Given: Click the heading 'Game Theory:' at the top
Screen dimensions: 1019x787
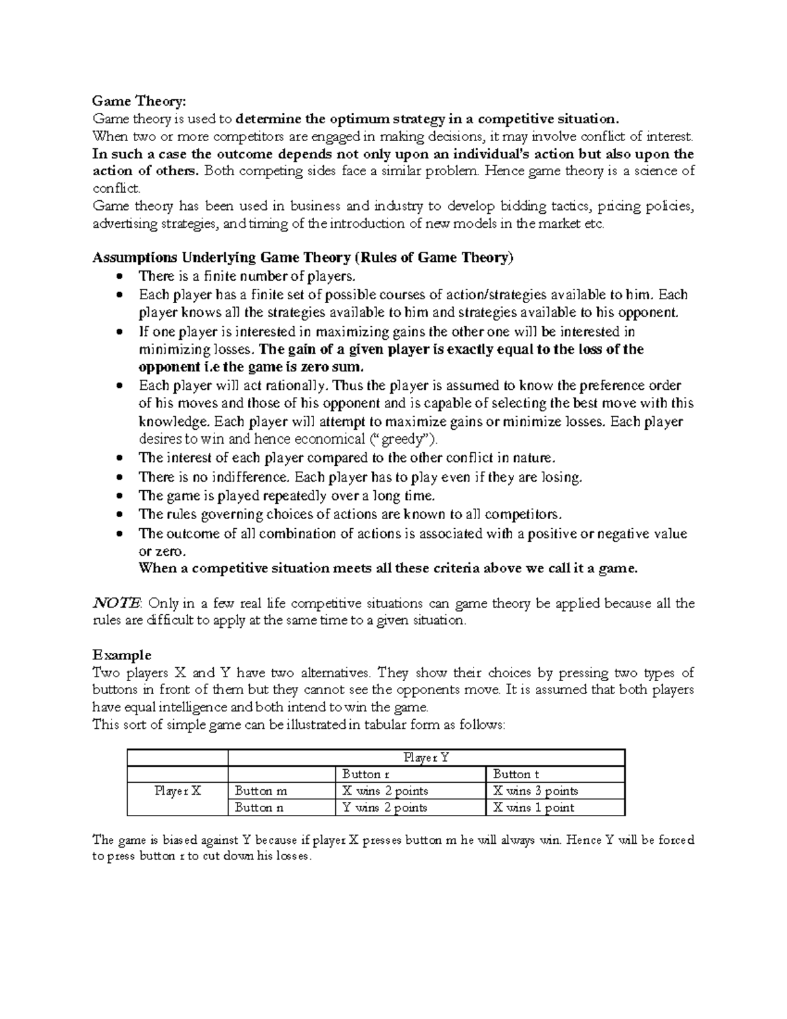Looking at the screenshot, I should click(139, 101).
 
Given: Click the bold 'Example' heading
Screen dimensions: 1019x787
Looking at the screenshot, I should click(122, 655).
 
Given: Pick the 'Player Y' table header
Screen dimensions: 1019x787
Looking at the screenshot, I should click(426, 757).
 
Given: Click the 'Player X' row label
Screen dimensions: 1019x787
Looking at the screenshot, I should click(178, 791).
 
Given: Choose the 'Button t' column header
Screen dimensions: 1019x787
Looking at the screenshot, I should click(516, 774).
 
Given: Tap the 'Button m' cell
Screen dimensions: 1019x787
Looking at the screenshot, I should click(260, 791).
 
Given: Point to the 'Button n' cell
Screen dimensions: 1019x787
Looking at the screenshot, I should click(259, 808).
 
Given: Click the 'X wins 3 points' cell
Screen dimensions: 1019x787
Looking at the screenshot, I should click(535, 791).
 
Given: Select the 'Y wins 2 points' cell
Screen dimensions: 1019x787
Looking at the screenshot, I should click(385, 808).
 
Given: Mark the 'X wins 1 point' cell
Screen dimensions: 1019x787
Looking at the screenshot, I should click(533, 808).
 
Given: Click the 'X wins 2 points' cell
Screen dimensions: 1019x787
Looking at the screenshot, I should click(385, 791).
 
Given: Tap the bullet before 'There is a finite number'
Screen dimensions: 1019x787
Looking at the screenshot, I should click(119, 276).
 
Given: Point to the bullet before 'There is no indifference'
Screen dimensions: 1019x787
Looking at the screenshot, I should click(119, 478).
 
